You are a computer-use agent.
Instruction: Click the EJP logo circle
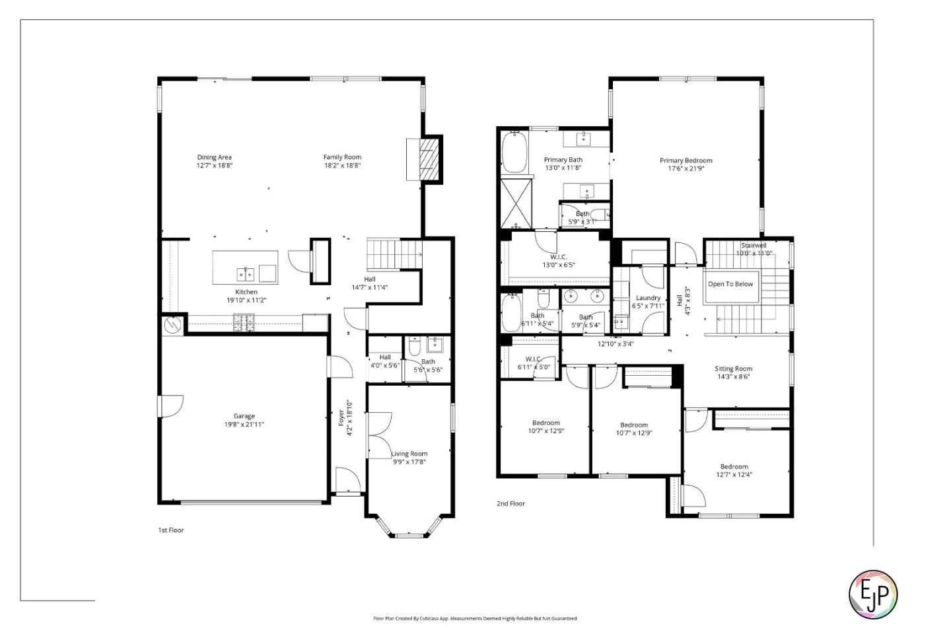[872, 594]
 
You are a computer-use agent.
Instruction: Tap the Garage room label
[244, 416]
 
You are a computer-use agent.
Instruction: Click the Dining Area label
[214, 157]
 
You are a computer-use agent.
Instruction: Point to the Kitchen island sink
[246, 273]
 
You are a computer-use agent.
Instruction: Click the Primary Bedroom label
[686, 160]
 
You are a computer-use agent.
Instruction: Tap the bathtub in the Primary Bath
[514, 152]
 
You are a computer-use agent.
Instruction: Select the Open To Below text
[730, 284]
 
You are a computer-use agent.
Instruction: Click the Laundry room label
[648, 298]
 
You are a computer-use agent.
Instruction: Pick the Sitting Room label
[733, 369]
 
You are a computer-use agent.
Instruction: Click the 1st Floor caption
[170, 530]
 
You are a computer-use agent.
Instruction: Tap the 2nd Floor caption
[511, 504]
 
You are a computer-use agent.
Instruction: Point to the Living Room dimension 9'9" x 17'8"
[409, 462]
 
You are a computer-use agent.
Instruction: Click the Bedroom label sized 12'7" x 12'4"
[734, 466]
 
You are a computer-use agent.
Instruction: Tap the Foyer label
[341, 418]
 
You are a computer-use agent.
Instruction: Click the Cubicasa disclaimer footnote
[475, 619]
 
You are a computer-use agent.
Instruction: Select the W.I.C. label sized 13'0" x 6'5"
[559, 257]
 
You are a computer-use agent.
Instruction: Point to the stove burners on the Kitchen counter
[244, 323]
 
